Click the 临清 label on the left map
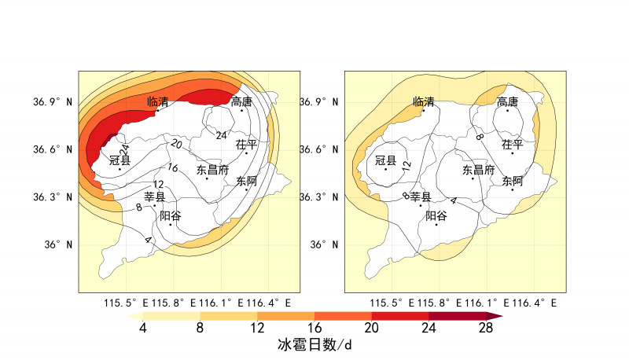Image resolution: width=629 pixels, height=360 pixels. tap(158, 102)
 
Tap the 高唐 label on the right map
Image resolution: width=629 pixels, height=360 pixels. tap(242, 101)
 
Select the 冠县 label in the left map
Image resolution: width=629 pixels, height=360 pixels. tap(120, 160)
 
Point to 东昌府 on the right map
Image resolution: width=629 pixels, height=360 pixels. tap(478, 169)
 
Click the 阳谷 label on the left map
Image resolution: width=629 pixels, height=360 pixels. tap(171, 215)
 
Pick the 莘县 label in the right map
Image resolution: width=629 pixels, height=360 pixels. tap(421, 197)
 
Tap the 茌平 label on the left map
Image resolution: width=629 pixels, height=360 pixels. tap(247, 145)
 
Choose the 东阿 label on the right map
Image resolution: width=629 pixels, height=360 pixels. tap(513, 181)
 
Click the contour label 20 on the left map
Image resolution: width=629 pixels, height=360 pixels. tap(176, 145)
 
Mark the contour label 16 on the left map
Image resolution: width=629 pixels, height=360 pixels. tap(172, 167)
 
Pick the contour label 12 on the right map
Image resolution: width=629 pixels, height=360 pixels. tap(406, 166)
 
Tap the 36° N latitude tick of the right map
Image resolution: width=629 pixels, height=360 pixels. tap(322, 244)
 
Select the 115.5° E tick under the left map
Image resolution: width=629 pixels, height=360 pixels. tap(122, 303)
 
